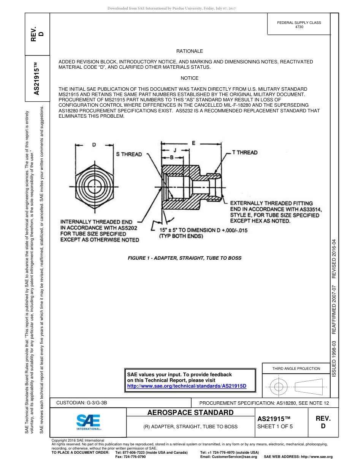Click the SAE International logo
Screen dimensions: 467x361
[x=89, y=421]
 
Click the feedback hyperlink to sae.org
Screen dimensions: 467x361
[x=187, y=386]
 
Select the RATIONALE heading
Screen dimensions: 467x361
[x=189, y=51]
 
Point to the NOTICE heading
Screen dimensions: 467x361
[x=189, y=78]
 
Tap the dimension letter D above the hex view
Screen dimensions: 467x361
[x=94, y=145]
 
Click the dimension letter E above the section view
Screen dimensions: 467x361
[x=193, y=143]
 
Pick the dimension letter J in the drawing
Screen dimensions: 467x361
[x=174, y=150]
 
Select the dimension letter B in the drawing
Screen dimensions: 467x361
[x=172, y=156]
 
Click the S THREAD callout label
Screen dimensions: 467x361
[x=129, y=154]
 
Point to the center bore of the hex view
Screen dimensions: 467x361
[x=94, y=187]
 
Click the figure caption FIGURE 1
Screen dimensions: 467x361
[x=184, y=258]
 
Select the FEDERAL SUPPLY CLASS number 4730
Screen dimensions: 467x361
[x=299, y=27]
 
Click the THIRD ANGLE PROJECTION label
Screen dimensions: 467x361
[x=296, y=368]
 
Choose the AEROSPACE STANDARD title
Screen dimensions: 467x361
[x=190, y=413]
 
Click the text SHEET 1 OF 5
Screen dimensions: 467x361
[x=275, y=426]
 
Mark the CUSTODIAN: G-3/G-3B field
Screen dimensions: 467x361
[x=84, y=403]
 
